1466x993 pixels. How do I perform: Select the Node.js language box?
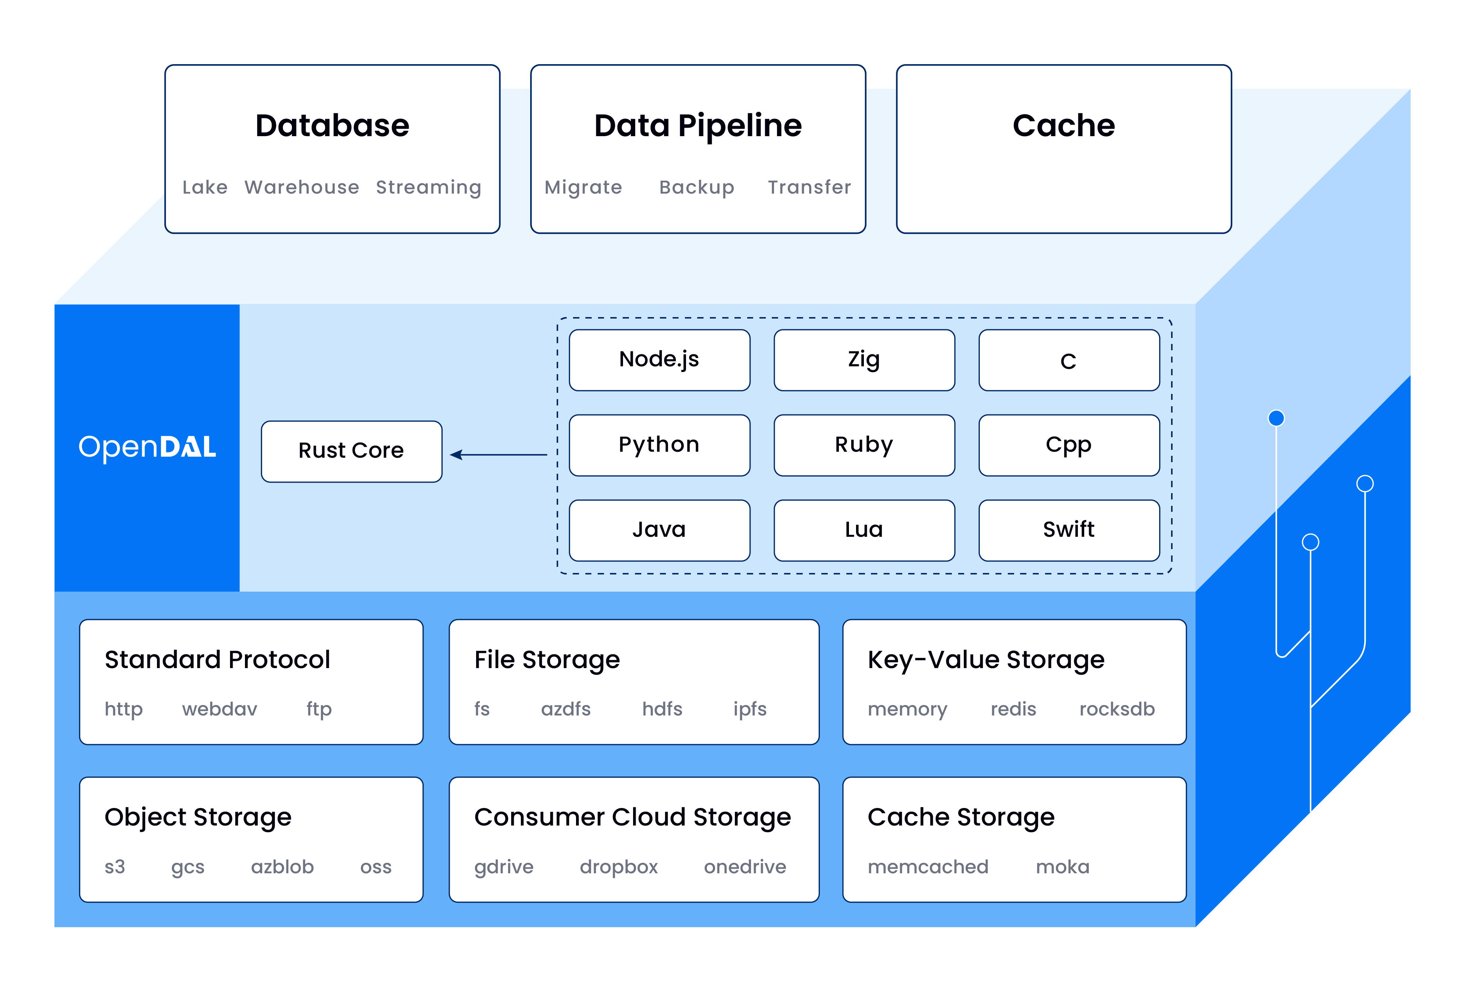point(659,360)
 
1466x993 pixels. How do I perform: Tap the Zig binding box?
point(863,360)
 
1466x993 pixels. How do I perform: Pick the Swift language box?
point(1069,530)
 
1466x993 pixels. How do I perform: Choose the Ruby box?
point(863,445)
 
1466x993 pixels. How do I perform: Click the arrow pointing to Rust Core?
point(498,454)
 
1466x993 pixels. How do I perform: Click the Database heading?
point(333,126)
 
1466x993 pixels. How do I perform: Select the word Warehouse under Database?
point(302,188)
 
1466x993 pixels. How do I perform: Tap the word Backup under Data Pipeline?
point(696,188)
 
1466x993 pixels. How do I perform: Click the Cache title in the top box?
point(1064,126)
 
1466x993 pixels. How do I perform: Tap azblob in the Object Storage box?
point(282,867)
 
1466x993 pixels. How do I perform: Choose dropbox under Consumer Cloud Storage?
point(618,867)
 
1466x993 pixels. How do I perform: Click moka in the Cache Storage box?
point(1062,867)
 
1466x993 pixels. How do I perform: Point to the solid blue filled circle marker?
point(1276,418)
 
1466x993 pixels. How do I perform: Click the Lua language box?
point(863,530)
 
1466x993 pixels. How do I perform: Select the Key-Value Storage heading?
point(985,660)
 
